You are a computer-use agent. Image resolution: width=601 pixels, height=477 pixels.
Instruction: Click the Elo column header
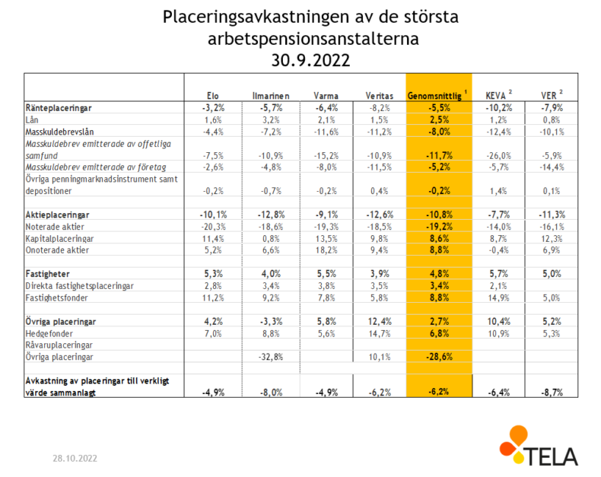213,96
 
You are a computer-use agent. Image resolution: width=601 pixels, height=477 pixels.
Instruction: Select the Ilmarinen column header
271,96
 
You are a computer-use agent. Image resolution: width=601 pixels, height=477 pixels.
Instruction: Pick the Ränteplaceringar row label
59,108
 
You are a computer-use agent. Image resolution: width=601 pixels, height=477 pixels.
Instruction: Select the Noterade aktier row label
55,227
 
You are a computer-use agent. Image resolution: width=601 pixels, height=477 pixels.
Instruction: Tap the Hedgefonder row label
49,333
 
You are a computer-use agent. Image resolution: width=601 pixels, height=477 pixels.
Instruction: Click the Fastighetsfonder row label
57,298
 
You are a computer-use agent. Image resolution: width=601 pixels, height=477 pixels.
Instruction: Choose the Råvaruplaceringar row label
59,345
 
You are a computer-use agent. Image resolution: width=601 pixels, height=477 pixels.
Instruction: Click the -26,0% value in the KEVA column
498,156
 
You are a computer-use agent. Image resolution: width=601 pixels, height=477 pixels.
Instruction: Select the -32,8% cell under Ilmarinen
271,357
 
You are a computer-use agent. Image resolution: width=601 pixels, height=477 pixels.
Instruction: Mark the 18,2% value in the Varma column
326,250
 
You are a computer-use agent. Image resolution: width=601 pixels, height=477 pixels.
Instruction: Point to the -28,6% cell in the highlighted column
439,357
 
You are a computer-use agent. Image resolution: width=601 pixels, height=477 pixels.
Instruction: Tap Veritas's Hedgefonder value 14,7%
380,333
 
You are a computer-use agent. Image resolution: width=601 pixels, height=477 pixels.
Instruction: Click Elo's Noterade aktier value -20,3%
214,227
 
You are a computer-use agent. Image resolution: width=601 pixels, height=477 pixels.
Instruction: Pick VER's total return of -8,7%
552,393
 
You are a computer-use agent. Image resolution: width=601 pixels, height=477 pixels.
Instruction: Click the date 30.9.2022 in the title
311,61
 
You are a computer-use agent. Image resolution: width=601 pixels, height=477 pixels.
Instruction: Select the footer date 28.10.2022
75,458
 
